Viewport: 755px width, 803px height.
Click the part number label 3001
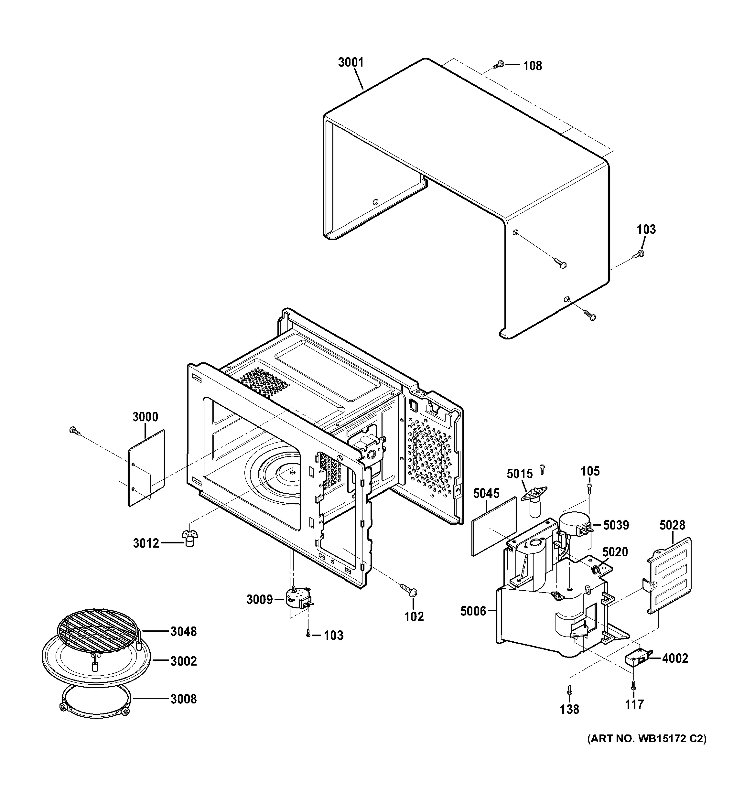(351, 62)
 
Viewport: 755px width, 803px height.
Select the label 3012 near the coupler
(146, 543)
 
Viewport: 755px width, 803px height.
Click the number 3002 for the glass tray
(183, 661)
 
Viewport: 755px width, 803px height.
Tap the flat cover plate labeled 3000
(147, 468)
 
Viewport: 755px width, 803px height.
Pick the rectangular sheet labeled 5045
(494, 526)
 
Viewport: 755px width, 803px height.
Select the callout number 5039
(616, 525)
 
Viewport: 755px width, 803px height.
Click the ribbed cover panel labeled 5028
(670, 575)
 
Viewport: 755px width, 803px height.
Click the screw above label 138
(569, 690)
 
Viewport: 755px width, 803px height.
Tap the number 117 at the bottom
(634, 704)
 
